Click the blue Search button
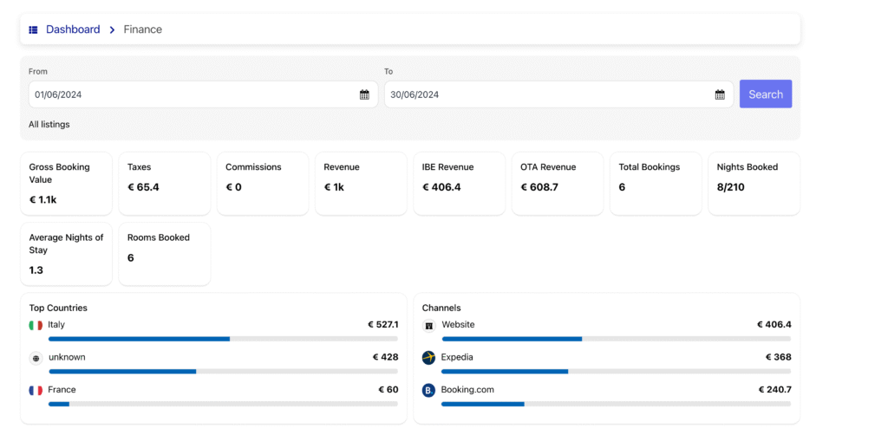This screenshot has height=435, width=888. [765, 94]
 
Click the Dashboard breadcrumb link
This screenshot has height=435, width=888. [73, 29]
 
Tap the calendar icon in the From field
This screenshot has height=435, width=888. [364, 94]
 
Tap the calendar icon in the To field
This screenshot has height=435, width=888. [720, 94]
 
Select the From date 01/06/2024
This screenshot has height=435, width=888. [58, 94]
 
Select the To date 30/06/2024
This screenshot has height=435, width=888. [415, 94]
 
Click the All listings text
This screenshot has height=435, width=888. [49, 125]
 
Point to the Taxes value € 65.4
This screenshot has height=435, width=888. [143, 187]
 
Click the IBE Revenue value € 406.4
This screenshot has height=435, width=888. [441, 187]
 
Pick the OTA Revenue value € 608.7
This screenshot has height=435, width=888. [539, 187]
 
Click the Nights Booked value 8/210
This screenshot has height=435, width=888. [731, 187]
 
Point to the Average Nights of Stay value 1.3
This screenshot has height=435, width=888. [36, 270]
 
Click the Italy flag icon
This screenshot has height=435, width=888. [36, 326]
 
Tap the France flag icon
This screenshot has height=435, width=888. [36, 391]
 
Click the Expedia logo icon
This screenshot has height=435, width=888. [428, 358]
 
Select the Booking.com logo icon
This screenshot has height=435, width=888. [428, 391]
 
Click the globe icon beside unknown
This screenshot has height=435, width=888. [36, 358]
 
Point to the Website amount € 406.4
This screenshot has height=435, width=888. [774, 325]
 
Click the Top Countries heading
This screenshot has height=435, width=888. [58, 308]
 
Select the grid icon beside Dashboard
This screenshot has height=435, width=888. [34, 29]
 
